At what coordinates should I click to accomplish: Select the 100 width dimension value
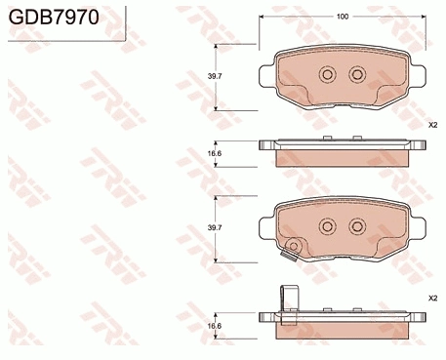click(x=342, y=18)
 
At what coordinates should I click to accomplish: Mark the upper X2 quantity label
click(x=431, y=126)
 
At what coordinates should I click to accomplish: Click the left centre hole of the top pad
click(x=327, y=75)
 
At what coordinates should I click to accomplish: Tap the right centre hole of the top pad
click(x=356, y=75)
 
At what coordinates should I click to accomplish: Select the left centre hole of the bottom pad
click(x=327, y=226)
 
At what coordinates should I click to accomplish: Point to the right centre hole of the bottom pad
click(x=356, y=226)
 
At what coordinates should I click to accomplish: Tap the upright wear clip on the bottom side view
click(x=288, y=299)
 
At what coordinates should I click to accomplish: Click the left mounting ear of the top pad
click(x=265, y=75)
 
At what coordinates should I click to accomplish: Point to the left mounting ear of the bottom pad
click(x=265, y=226)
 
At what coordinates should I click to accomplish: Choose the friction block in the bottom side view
click(x=342, y=329)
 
